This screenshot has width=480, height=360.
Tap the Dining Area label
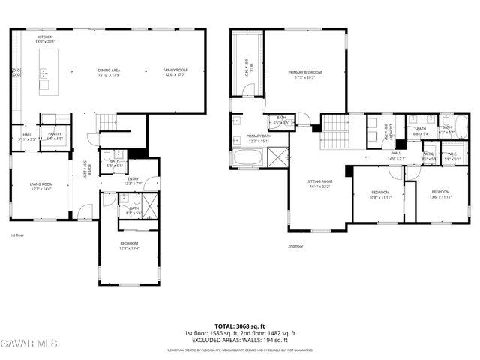pos(110,72)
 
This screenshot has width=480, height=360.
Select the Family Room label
pos(175,72)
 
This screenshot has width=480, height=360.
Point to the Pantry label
pos(54,136)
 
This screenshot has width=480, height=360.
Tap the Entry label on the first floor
pos(133,181)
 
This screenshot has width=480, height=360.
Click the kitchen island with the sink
pos(45,73)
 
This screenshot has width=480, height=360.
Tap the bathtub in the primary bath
pos(247,157)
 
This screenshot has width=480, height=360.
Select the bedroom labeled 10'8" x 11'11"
pos(379,196)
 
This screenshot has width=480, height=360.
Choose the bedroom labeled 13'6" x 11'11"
pos(439,193)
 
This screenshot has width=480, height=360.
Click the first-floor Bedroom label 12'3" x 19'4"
pos(129,245)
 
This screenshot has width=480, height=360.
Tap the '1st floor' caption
pos(17,235)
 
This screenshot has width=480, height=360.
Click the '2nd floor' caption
pos(295,246)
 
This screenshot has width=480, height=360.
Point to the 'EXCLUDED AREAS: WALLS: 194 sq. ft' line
pos(240,340)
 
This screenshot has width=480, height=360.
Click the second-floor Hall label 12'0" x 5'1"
pos(395,156)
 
